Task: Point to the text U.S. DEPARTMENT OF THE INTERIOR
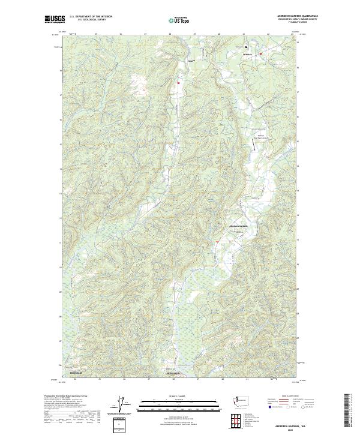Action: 91,16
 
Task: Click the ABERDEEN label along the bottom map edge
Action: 173,373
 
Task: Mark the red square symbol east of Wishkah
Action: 260,54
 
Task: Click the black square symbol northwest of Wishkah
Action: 246,47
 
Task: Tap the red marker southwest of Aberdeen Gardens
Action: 217,241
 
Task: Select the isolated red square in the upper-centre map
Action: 178,83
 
